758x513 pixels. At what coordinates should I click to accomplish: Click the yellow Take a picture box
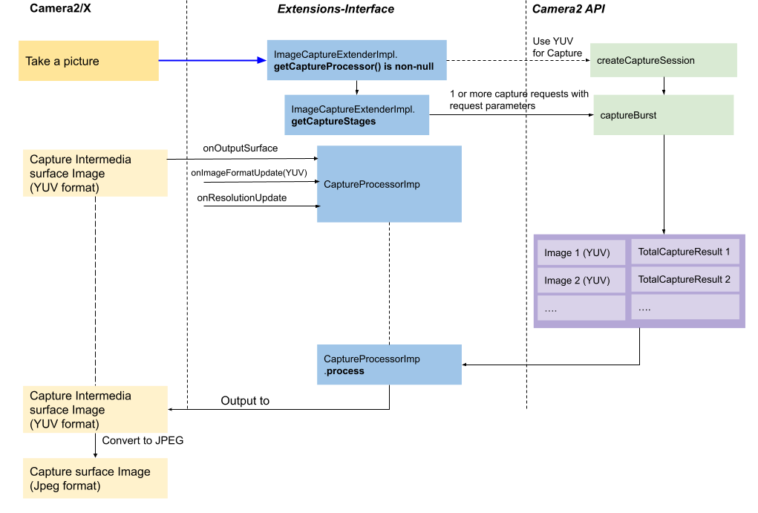[88, 61]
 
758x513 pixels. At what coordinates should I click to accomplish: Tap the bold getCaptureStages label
[333, 121]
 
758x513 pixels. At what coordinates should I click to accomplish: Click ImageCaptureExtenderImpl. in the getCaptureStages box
[353, 109]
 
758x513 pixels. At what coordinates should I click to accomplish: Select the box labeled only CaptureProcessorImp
[389, 184]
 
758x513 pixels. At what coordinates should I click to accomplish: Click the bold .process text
[344, 370]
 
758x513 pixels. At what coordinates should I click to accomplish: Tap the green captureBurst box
[663, 115]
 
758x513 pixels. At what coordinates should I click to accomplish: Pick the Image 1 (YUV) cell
[581, 253]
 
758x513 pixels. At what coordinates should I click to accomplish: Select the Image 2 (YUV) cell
[581, 281]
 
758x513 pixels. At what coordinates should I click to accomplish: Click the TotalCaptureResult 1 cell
[685, 252]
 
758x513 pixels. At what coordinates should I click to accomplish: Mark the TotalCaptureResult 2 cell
[685, 279]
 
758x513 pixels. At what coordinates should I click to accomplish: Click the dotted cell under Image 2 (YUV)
[581, 308]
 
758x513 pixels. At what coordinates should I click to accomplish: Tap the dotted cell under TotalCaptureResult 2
[685, 307]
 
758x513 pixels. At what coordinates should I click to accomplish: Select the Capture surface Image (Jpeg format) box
[94, 479]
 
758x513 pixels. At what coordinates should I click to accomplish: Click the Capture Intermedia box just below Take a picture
[94, 174]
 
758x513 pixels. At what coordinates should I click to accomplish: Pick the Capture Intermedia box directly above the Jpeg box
[94, 410]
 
